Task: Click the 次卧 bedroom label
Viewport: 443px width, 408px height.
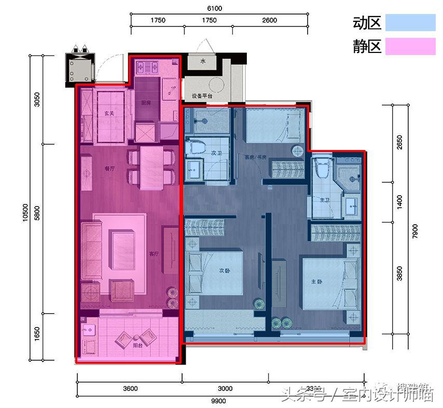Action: pos(224,270)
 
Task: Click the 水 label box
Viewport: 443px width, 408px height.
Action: pos(203,61)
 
